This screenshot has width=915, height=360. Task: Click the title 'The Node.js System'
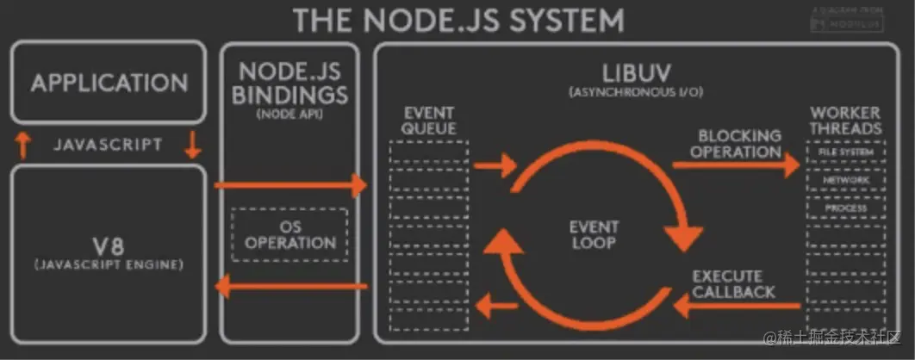pos(458,19)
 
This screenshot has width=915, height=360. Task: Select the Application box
pos(109,83)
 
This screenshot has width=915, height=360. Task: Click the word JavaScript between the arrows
pos(108,144)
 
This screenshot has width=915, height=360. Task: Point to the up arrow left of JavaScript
pos(24,144)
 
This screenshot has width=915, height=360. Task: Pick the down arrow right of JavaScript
pos(192,144)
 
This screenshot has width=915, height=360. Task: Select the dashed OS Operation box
pos(289,234)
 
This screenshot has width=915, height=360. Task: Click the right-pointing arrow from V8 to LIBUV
pos(291,184)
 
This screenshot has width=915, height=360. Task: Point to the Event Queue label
pos(428,121)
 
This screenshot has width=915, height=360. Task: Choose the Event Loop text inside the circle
pos(594,234)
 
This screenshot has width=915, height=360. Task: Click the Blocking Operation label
pos(739,143)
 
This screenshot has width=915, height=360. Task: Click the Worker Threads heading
pos(844,121)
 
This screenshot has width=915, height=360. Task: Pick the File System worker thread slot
pos(844,152)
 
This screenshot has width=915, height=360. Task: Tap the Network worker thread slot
pos(844,181)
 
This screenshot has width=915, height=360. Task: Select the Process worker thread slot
pos(844,208)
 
